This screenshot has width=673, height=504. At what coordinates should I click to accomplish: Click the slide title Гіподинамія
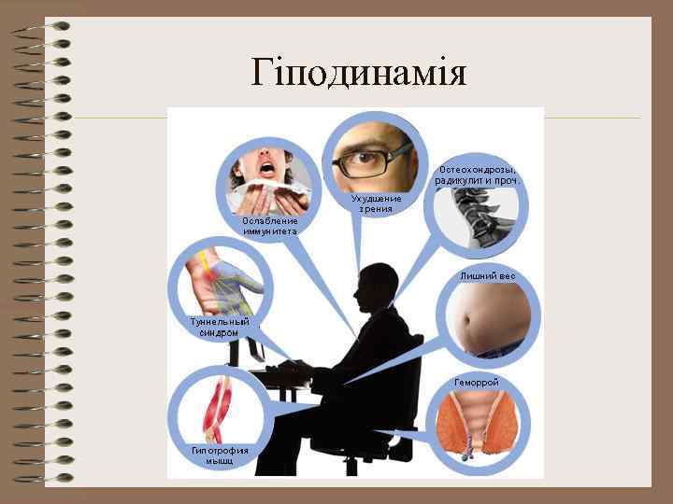[359, 72]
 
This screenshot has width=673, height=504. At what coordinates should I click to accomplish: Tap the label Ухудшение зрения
[377, 203]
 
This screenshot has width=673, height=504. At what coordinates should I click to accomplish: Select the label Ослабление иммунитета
[269, 226]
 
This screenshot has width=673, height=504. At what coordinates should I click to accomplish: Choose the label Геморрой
[477, 383]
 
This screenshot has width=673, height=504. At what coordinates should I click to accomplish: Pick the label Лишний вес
[487, 277]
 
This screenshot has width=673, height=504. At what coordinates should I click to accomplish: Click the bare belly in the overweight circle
[486, 317]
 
